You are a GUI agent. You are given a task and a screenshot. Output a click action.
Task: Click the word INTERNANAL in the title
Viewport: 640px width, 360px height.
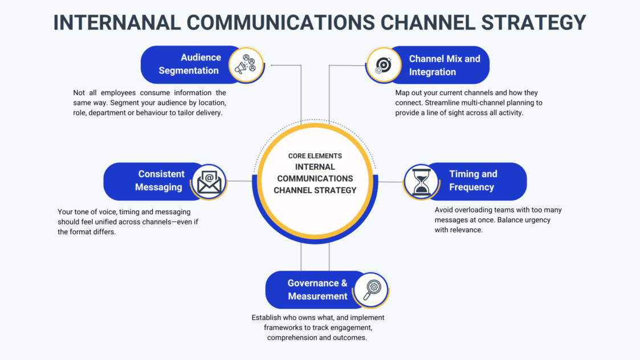115,22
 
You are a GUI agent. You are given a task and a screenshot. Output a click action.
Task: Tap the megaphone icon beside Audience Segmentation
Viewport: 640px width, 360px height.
246,65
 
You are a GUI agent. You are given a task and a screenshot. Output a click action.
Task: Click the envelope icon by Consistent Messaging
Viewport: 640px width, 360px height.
209,182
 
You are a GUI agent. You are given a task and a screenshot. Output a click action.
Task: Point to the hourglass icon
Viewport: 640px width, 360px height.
421,182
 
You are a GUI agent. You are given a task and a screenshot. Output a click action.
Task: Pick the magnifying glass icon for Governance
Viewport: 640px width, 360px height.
372,289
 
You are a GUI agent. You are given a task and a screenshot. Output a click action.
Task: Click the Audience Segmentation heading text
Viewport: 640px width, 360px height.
189,64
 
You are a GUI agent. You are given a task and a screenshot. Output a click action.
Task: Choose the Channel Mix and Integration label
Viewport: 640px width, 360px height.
444,65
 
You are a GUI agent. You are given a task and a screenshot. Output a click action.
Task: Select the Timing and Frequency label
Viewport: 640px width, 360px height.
472,181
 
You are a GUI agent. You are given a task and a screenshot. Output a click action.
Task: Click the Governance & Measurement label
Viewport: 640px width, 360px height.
317,289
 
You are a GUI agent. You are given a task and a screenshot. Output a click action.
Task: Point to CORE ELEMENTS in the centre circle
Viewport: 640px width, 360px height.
315,156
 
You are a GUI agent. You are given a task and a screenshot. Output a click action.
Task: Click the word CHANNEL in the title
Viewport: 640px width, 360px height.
418,22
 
